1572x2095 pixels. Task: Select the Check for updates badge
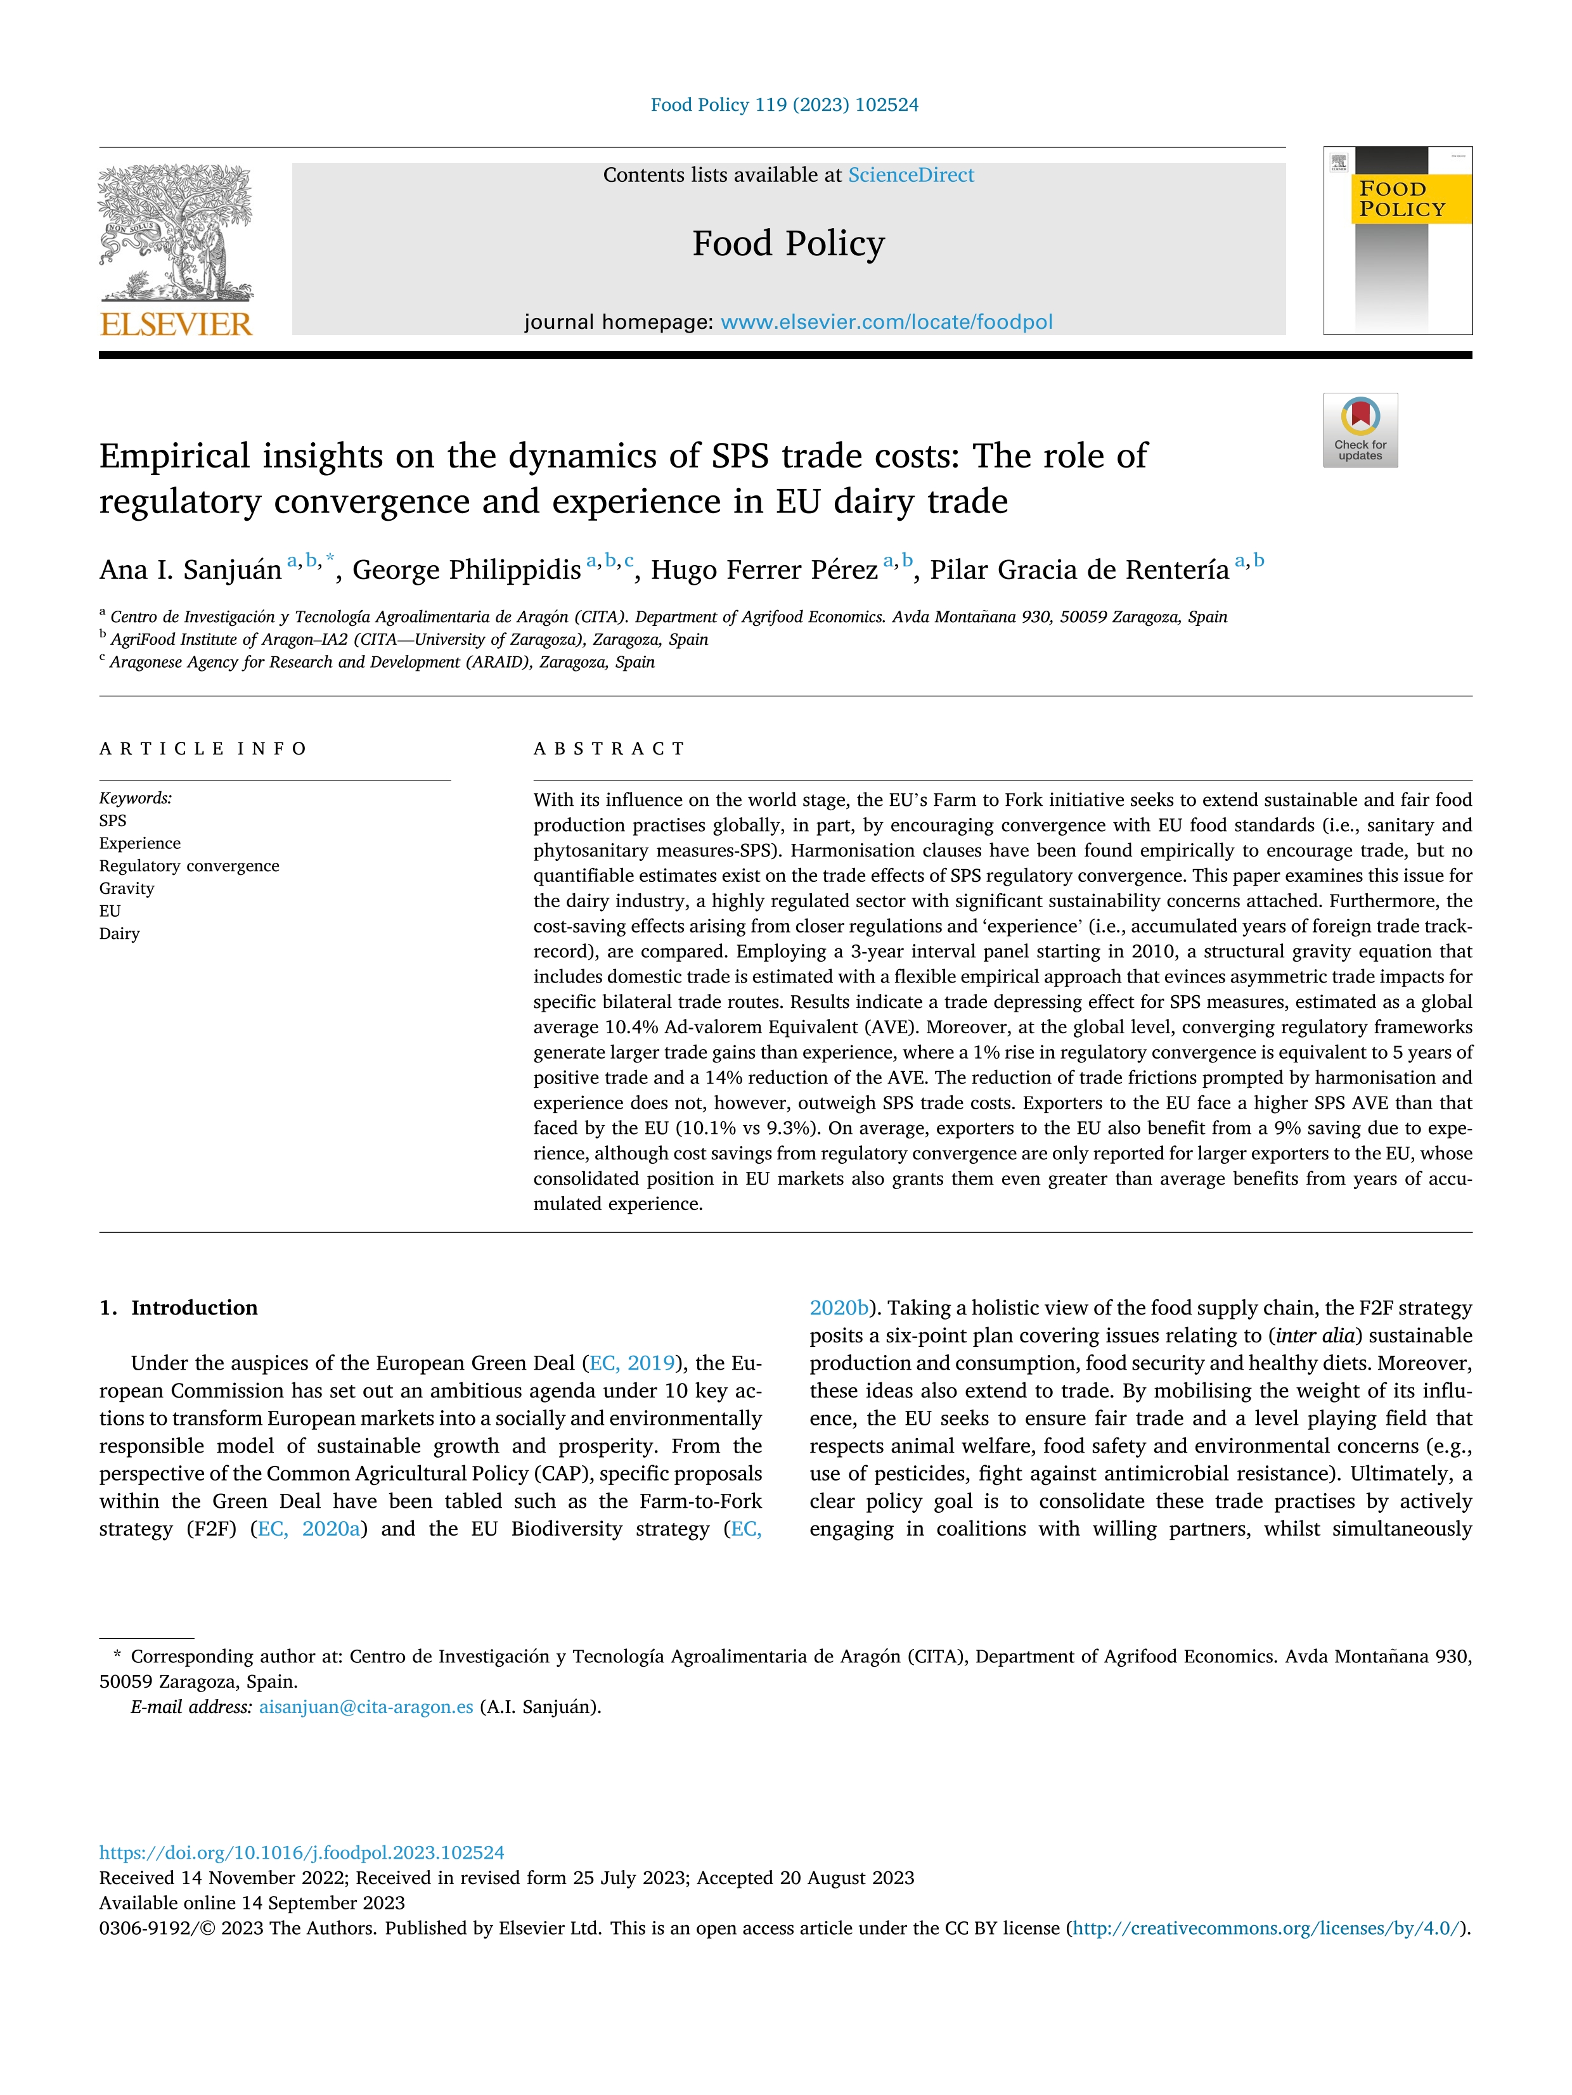[x=1360, y=430]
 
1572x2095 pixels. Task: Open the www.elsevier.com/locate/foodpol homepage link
[x=886, y=322]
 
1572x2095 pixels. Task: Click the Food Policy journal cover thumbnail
[x=1398, y=241]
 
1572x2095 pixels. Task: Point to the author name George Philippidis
[x=466, y=570]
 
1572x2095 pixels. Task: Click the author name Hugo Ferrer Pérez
[x=764, y=570]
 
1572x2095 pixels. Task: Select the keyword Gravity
[x=127, y=888]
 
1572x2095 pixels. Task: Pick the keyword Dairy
[x=119, y=934]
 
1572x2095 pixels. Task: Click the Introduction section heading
[x=193, y=1308]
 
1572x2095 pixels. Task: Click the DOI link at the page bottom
[x=301, y=1852]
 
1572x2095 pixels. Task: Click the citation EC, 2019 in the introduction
[x=632, y=1363]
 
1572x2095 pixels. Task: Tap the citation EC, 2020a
[x=309, y=1529]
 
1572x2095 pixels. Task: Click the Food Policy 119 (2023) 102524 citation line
[x=785, y=105]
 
